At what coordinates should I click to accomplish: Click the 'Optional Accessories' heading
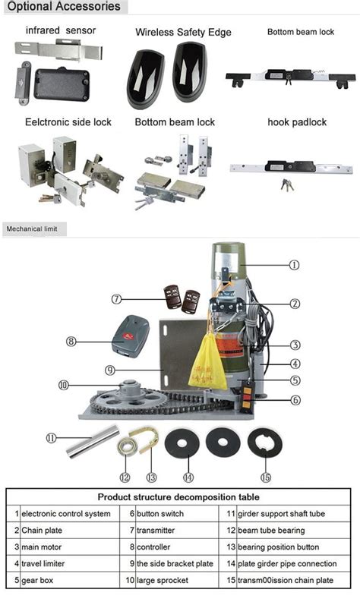(64, 7)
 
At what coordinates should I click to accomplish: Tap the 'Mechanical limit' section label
(32, 229)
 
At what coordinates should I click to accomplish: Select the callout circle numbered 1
(294, 265)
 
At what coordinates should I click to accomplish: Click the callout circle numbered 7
(116, 299)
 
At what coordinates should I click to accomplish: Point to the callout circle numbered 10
(63, 385)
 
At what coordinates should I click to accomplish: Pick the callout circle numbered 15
(266, 478)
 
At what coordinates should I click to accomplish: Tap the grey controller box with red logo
(130, 336)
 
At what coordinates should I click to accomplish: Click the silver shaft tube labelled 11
(93, 441)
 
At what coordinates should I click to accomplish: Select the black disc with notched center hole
(265, 444)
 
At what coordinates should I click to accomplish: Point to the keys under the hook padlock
(287, 185)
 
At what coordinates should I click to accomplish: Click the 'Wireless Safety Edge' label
(183, 32)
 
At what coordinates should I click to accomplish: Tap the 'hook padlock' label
(297, 122)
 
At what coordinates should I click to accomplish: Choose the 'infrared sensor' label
(61, 30)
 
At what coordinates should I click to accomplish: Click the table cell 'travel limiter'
(43, 563)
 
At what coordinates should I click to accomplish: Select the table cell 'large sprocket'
(163, 580)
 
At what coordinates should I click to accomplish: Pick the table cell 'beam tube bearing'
(271, 530)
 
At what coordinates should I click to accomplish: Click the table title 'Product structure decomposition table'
(178, 496)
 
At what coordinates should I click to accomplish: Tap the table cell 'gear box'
(37, 581)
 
